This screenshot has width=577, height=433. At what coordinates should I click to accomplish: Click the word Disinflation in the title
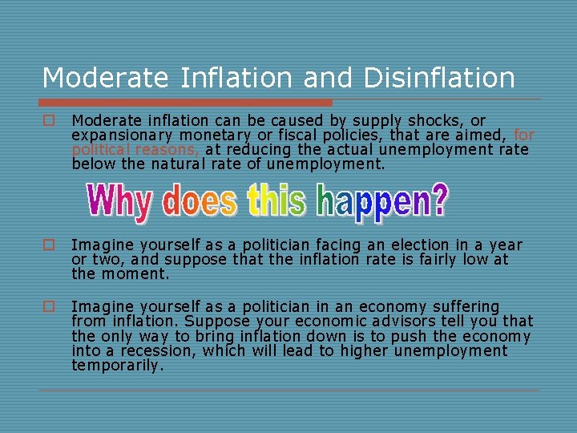439,78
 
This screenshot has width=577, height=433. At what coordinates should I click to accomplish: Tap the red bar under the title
187,103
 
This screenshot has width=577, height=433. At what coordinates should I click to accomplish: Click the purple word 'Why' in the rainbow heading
119,202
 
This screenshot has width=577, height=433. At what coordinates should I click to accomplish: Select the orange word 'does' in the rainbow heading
200,202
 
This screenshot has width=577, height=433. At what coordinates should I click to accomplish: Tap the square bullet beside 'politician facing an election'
49,245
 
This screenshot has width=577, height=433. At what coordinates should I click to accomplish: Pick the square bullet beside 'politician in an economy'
49,307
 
